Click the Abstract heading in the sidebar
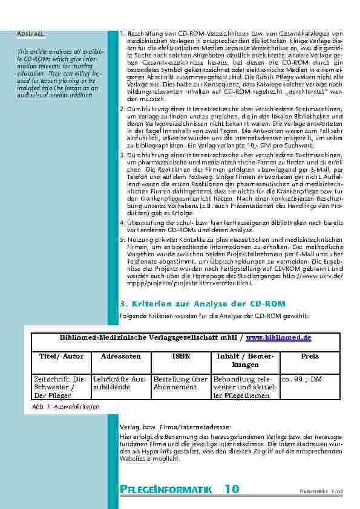(x=30, y=33)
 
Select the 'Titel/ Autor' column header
(x=57, y=357)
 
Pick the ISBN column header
(x=180, y=357)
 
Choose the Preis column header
(x=310, y=357)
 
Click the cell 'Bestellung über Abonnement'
(x=180, y=383)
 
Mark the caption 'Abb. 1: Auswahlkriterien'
(x=65, y=407)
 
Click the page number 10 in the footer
(x=232, y=489)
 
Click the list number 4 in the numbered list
(x=122, y=223)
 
